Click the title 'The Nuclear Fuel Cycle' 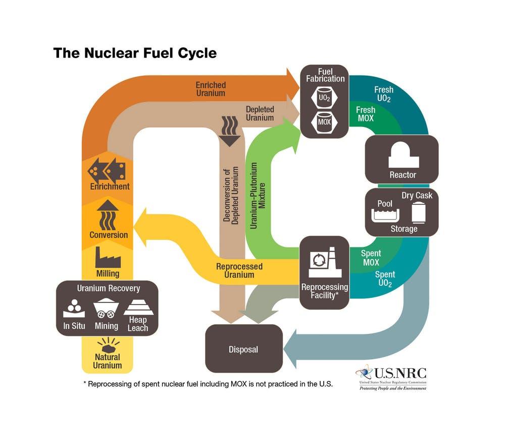pos(135,53)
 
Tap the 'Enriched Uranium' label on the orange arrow pos(211,89)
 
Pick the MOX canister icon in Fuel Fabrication pos(324,121)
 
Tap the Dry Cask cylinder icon pos(419,212)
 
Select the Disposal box pos(243,349)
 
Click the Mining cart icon pos(106,309)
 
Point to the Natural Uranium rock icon pos(108,345)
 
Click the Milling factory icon pos(108,258)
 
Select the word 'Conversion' pos(109,235)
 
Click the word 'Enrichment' pos(110,186)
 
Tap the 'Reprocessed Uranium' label pos(240,270)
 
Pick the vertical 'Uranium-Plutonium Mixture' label pos(257,195)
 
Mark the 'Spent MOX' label pos(371,258)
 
